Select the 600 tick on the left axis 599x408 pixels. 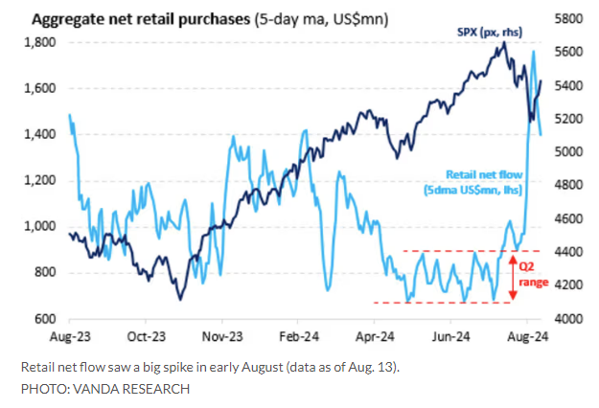44,319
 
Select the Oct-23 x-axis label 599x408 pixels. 147,337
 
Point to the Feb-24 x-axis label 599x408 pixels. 298,337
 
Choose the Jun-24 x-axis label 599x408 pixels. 450,337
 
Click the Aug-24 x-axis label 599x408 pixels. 525,337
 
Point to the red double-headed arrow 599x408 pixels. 513,277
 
